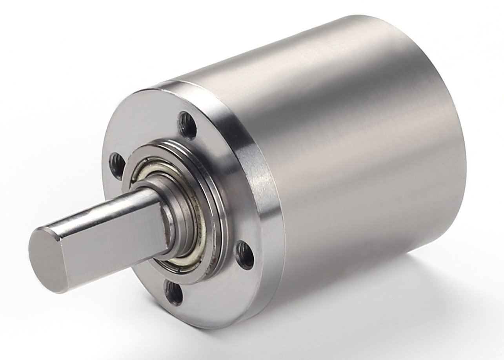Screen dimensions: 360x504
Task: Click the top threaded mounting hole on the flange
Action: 187,125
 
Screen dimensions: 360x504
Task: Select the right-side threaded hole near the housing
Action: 245,255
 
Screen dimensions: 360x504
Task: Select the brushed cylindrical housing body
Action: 353,157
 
